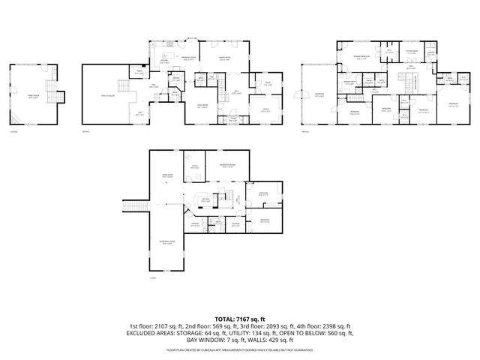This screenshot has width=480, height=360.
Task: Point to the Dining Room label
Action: click(223, 57)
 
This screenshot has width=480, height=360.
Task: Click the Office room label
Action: click(265, 109)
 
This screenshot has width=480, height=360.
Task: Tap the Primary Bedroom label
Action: click(364, 57)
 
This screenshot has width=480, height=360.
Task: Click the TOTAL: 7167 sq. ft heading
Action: click(239, 319)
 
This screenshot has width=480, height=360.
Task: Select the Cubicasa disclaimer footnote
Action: click(239, 349)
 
